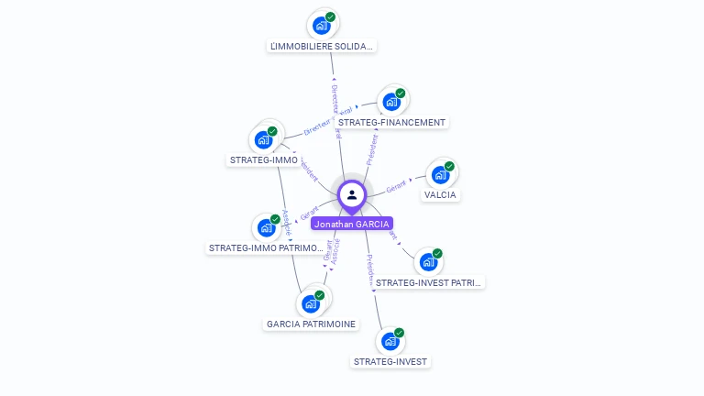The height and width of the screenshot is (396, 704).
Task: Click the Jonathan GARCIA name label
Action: pos(352,224)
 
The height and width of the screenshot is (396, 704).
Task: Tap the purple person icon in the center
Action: pos(352,194)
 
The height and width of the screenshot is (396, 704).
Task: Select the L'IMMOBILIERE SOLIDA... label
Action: pos(323,46)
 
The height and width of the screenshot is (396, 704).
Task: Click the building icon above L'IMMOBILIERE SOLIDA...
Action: pos(322,25)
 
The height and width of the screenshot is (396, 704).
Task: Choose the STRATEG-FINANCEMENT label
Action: pos(391,122)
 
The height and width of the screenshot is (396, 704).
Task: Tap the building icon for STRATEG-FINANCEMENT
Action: pos(391,101)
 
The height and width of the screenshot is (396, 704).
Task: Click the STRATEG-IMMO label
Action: pos(263,160)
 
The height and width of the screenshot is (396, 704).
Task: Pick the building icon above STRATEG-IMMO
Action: pos(264,139)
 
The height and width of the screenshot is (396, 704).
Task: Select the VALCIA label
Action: pos(440,194)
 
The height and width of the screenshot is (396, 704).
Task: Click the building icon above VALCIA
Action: pos(440,174)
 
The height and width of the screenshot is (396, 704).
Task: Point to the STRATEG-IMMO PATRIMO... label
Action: pos(266,247)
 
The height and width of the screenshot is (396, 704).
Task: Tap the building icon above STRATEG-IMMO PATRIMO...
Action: pos(266,226)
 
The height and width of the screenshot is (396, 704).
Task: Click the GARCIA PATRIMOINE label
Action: pos(311,324)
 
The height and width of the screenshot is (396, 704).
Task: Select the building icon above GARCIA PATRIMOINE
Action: pos(311,302)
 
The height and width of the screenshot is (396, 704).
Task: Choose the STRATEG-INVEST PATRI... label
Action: pos(428,282)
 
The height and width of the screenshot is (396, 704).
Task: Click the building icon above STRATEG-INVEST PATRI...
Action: pos(428,261)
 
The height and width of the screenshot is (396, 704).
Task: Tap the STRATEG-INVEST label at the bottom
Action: pos(390,361)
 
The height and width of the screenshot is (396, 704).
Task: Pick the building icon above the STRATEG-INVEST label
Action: pos(390,340)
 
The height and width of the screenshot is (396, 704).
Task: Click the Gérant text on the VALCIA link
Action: pos(396,187)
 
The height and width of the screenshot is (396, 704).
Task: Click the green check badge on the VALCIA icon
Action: pos(449,167)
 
